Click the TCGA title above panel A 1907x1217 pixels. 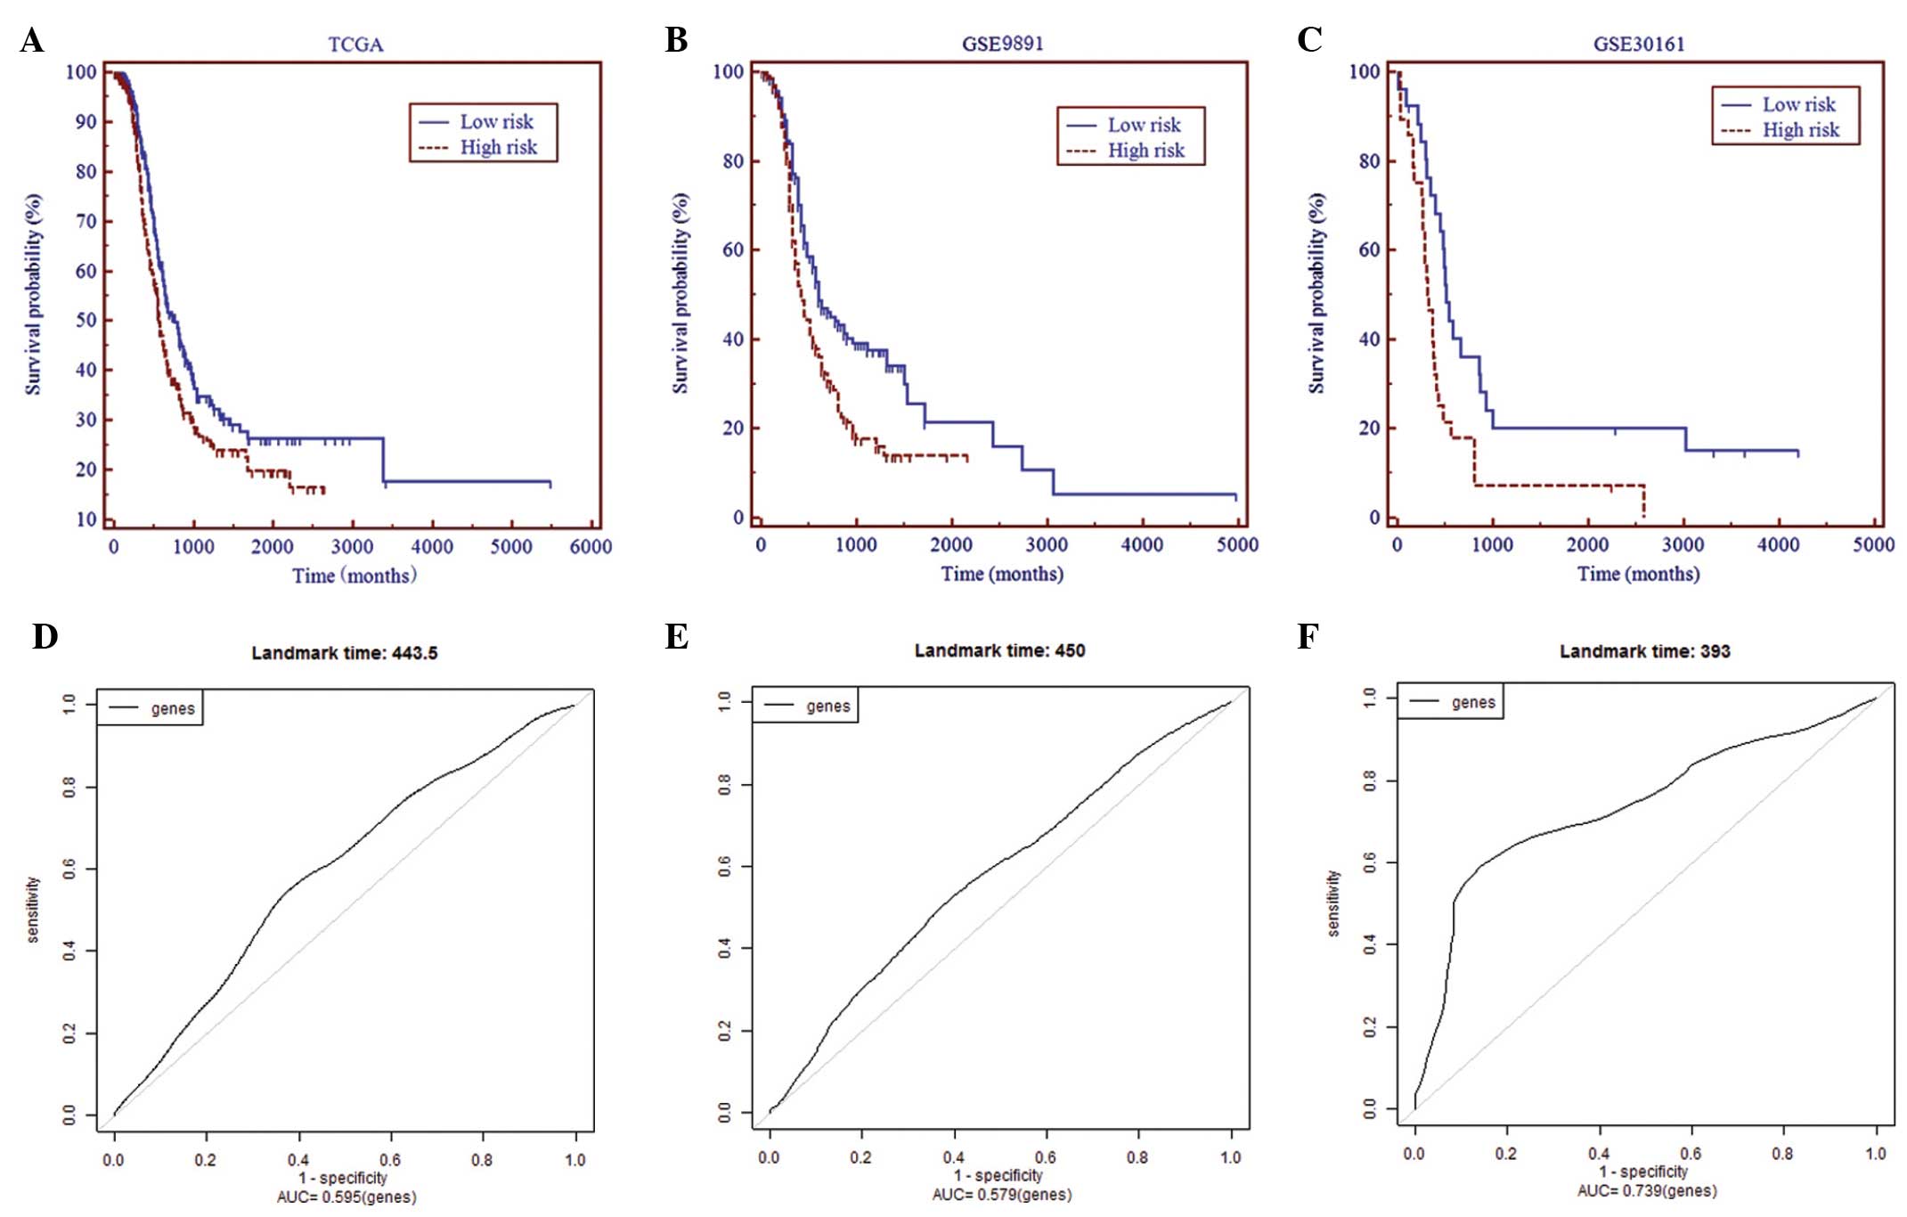click(x=355, y=45)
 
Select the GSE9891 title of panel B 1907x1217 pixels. click(x=1002, y=44)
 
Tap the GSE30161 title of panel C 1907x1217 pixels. click(x=1639, y=45)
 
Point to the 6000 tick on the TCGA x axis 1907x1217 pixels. click(x=591, y=546)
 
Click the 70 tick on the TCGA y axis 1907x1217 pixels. click(x=86, y=221)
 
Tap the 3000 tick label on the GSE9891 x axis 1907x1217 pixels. click(x=1047, y=544)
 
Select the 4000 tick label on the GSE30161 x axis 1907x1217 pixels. click(x=1778, y=544)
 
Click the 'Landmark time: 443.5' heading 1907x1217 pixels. click(x=345, y=653)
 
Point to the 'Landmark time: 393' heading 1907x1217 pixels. click(x=1644, y=651)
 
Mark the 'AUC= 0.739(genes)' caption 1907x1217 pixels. click(x=1646, y=1190)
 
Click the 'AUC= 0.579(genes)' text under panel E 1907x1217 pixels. click(x=1001, y=1194)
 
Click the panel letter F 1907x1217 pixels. click(x=1307, y=637)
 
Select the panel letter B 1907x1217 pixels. click(x=676, y=40)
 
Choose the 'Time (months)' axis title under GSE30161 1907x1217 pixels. click(x=1638, y=574)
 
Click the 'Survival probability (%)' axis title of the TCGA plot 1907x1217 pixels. click(x=33, y=294)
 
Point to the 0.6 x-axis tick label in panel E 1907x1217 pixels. click(x=1046, y=1157)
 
